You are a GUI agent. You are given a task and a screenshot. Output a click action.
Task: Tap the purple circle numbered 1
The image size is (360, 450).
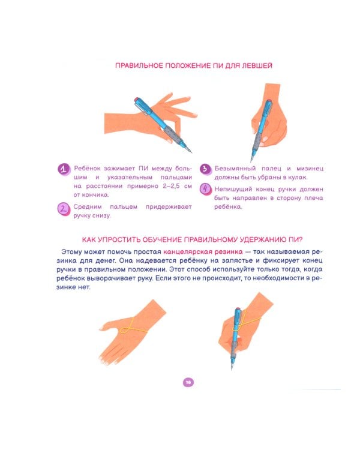64,169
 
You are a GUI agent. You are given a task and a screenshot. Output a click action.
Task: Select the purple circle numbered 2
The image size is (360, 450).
64,209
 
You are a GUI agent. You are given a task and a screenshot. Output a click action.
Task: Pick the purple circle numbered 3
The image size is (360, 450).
205,169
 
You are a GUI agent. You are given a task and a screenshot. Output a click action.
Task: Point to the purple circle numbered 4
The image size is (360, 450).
206,189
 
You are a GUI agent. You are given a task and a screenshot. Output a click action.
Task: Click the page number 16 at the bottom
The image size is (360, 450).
188,382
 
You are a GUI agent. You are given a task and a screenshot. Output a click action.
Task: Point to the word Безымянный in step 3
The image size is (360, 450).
235,169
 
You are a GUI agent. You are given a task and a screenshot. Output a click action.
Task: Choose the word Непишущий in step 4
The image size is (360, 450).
233,189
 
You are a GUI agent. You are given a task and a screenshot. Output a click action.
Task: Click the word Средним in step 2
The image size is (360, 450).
88,206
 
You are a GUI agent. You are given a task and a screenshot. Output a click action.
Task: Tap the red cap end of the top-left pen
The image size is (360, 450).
136,100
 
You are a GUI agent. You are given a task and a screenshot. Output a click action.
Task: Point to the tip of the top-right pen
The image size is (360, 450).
251,161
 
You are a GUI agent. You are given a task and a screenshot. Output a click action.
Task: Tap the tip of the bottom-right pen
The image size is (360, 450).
232,369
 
